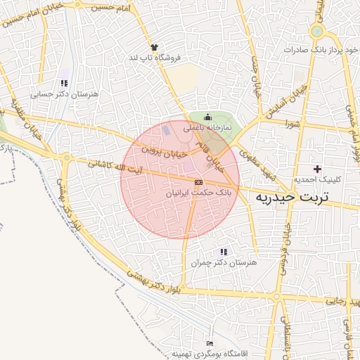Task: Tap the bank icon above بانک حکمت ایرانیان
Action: click(x=198, y=181)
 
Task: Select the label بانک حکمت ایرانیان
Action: click(x=198, y=192)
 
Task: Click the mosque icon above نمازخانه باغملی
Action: click(x=207, y=117)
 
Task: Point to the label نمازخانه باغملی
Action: click(x=207, y=129)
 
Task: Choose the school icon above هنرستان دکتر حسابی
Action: click(x=65, y=83)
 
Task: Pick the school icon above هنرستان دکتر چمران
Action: click(x=224, y=251)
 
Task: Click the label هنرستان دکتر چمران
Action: click(x=224, y=262)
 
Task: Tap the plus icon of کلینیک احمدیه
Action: click(x=317, y=168)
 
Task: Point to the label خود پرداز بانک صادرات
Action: click(x=312, y=51)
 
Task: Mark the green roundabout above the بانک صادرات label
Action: click(x=316, y=32)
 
